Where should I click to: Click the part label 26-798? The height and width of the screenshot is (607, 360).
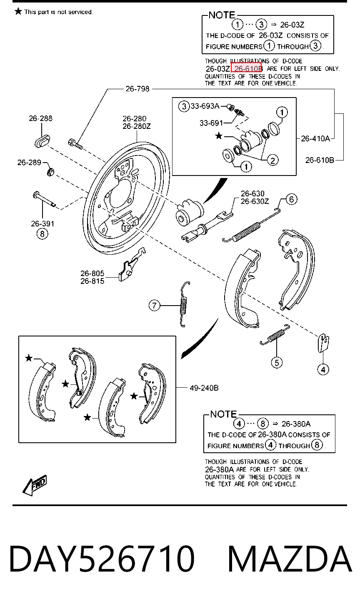tap(137, 89)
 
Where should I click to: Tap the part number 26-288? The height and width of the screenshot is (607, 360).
tap(41, 118)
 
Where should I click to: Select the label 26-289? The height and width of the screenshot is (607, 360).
tap(29, 162)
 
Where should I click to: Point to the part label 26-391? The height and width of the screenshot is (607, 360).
tap(42, 223)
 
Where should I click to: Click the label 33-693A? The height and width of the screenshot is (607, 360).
tap(205, 106)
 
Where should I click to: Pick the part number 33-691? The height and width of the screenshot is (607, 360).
tap(211, 123)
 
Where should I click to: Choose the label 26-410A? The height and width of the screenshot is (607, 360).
tap(315, 138)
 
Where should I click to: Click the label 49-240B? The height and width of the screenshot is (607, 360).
tap(204, 388)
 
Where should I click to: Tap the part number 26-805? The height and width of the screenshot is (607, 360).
tap(92, 273)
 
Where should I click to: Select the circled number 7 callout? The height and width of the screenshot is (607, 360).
tap(155, 306)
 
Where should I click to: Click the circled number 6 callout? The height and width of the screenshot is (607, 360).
tap(292, 199)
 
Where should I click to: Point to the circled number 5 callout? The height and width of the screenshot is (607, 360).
tap(277, 363)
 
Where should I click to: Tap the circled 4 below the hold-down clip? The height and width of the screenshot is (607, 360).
tap(323, 369)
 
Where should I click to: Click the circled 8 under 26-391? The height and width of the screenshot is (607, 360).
tap(42, 233)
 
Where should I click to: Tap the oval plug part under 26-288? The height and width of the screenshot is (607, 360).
tap(42, 141)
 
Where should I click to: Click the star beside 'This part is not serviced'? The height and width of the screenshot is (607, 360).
tap(18, 11)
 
